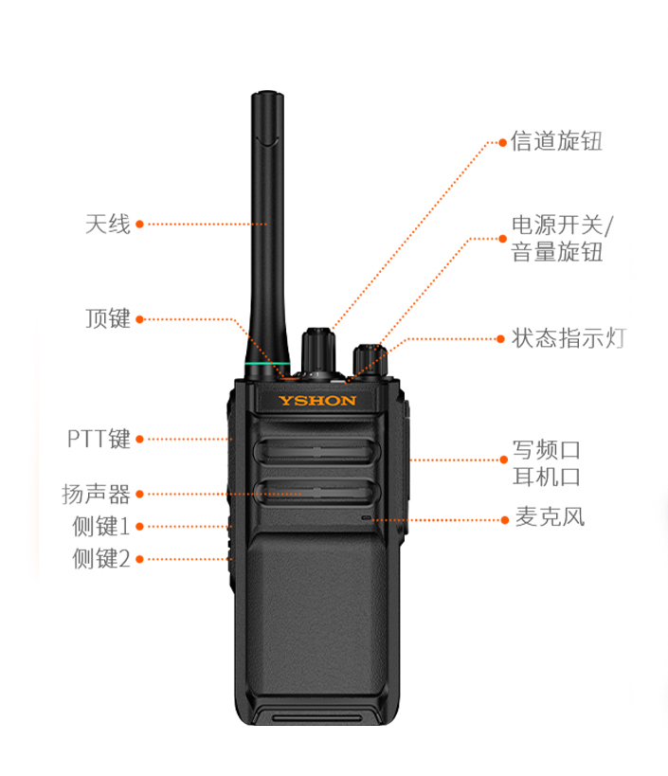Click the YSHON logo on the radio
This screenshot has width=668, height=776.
tap(316, 401)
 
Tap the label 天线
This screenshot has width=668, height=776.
tap(108, 225)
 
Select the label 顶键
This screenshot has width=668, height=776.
tap(108, 318)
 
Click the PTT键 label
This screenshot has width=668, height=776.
tap(99, 439)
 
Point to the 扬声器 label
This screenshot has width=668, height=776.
tap(96, 494)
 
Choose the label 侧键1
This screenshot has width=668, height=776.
tap(101, 526)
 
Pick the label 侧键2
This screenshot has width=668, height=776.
tap(101, 559)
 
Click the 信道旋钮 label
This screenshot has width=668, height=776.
tap(557, 141)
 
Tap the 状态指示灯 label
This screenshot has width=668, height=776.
tap(569, 338)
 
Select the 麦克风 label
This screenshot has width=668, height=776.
tap(550, 517)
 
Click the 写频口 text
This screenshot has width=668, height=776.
tap(547, 450)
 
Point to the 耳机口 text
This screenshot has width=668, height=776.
tap(547, 478)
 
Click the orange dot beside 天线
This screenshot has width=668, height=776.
tap(139, 225)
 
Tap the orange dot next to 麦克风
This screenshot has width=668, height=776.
tap(505, 520)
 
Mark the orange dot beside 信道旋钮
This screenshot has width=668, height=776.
tap(503, 142)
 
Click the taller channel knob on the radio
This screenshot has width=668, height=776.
tap(318, 351)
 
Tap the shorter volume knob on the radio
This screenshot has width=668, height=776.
tap(370, 360)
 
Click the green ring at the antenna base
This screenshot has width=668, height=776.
tap(268, 364)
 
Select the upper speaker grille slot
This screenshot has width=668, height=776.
tap(316, 451)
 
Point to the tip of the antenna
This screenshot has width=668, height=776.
tap(267, 93)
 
